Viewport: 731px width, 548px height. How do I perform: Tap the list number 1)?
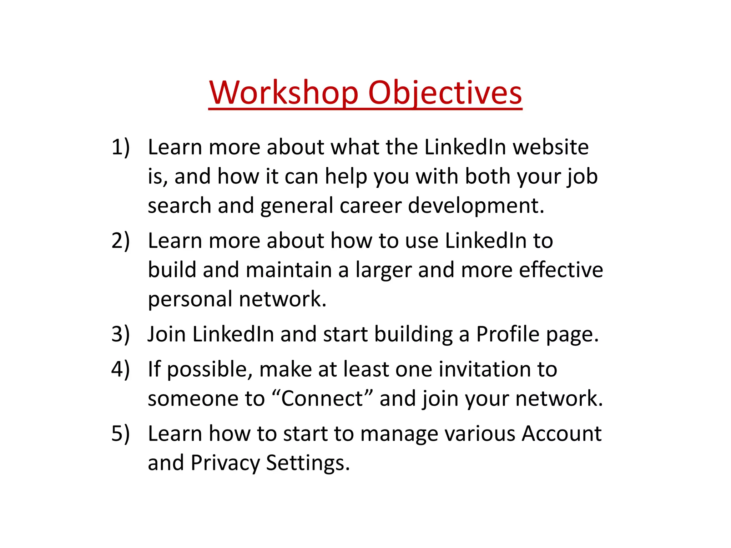120,147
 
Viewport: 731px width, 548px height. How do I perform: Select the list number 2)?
120,240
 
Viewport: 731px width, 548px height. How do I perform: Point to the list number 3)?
120,334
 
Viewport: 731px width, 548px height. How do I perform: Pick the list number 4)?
120,369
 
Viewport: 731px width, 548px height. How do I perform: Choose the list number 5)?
120,433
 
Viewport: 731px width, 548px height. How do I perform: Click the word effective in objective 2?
561,270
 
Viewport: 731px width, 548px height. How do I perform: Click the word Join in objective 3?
167,334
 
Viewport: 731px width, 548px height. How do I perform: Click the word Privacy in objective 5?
225,463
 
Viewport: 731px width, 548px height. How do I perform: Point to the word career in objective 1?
371,206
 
